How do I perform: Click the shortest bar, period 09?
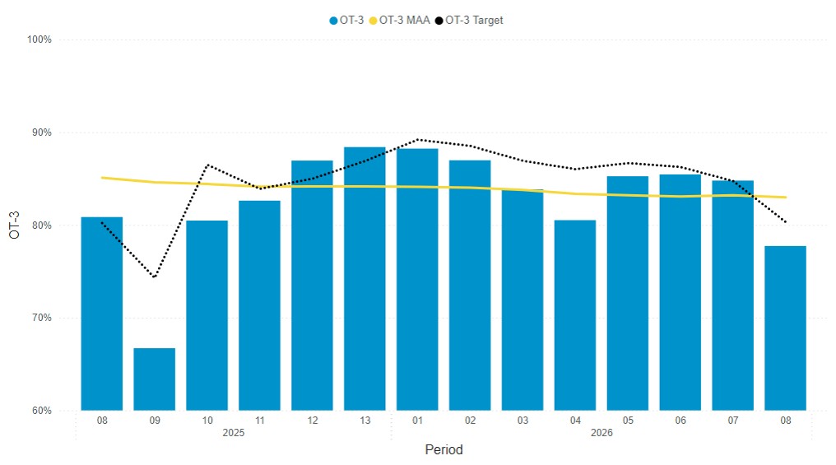point(154,379)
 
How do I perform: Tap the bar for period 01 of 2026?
point(417,279)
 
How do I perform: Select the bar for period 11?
point(259,305)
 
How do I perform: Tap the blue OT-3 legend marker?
point(333,21)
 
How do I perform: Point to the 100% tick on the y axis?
point(39,40)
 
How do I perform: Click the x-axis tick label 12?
point(312,421)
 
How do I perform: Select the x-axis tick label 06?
point(680,421)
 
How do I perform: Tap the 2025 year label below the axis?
point(233,433)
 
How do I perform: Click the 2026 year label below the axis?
point(601,433)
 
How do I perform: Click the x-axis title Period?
point(444,450)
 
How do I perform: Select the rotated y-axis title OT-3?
point(14,225)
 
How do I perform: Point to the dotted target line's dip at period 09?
point(154,277)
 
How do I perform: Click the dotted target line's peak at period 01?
point(417,139)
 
